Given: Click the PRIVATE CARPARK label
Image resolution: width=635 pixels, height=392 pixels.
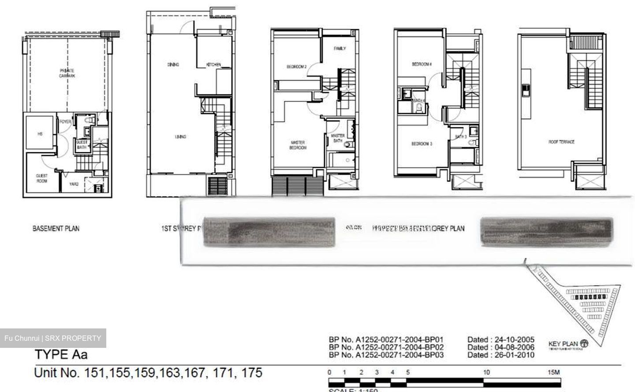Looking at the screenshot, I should pyautogui.click(x=67, y=73).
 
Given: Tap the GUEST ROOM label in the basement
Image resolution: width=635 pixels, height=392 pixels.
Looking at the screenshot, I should pyautogui.click(x=42, y=178).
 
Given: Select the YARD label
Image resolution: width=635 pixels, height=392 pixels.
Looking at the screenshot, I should pyautogui.click(x=74, y=184).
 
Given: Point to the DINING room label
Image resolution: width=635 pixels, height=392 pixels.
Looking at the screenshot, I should pyautogui.click(x=173, y=65).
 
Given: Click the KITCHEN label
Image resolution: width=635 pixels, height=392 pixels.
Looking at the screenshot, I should pyautogui.click(x=213, y=65).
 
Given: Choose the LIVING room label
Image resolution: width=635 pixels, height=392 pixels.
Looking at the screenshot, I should pyautogui.click(x=180, y=137).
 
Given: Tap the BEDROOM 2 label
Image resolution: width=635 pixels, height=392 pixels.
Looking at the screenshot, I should pyautogui.click(x=296, y=67).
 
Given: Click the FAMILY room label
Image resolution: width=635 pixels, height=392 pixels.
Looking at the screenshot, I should pyautogui.click(x=340, y=49).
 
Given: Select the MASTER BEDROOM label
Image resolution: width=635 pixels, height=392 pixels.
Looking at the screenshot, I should pyautogui.click(x=298, y=145).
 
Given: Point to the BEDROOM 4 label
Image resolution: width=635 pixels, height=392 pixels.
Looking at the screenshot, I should pyautogui.click(x=422, y=64).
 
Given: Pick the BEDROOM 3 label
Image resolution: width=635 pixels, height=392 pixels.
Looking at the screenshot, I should pyautogui.click(x=422, y=144).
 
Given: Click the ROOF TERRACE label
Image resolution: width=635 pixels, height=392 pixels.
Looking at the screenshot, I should pyautogui.click(x=561, y=142).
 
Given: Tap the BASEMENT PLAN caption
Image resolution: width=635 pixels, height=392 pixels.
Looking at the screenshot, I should pyautogui.click(x=56, y=228).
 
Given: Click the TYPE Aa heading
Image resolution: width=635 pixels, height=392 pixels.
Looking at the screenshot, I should pyautogui.click(x=61, y=354).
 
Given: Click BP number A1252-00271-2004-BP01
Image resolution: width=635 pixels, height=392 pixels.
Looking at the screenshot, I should pyautogui.click(x=386, y=340).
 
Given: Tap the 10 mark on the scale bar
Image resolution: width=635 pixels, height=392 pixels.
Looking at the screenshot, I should pyautogui.click(x=486, y=372).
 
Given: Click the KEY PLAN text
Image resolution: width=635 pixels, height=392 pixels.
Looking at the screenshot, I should pyautogui.click(x=563, y=344).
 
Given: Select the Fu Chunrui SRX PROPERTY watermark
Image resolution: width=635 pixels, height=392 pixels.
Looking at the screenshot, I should pyautogui.click(x=53, y=338).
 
